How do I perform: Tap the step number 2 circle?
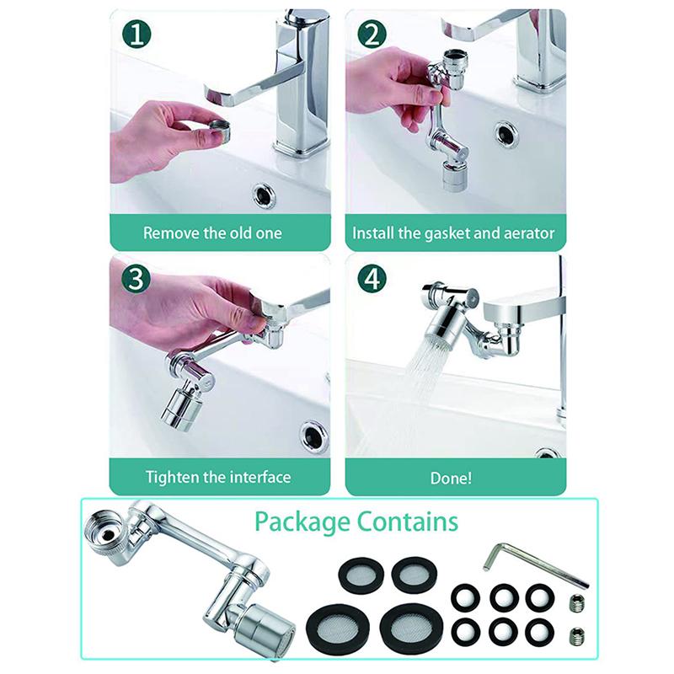tap(372, 35)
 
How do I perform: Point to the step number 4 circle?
tap(372, 279)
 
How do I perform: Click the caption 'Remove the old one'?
tap(212, 233)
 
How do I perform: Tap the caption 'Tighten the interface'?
tap(218, 477)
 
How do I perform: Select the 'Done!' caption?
tap(451, 477)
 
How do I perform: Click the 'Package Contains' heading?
tap(356, 521)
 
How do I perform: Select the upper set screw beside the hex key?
tap(577, 604)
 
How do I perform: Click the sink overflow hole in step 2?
tap(506, 132)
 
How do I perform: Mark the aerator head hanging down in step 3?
tap(179, 408)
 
